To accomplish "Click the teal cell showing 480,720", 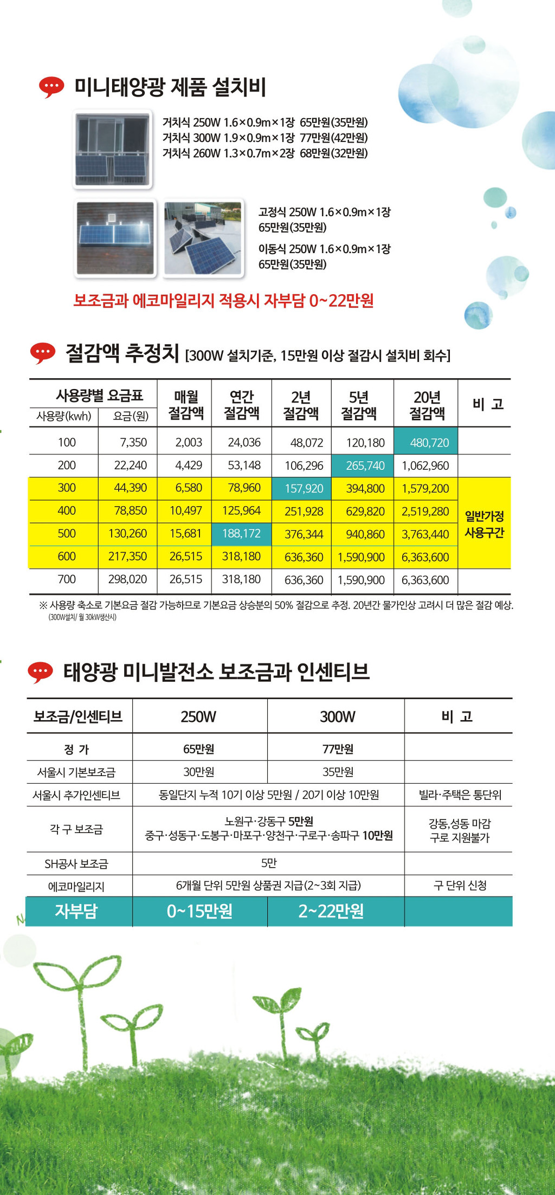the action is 425,442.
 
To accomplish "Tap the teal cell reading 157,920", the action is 301,488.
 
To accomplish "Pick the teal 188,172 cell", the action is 241,534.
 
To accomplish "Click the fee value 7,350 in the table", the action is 133,442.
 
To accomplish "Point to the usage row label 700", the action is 67,579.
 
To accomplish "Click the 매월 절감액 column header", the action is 186,405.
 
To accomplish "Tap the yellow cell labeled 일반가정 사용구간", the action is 485,524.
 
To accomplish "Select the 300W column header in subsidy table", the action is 337,716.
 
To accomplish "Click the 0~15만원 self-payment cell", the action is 199,912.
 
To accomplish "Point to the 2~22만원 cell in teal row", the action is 331,912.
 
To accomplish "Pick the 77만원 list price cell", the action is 338,749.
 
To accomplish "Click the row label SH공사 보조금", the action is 76,864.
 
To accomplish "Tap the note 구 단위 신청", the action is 460,886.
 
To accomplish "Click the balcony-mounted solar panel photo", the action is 112,150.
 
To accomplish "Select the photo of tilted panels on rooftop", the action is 203,238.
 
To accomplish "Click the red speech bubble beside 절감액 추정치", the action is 42,353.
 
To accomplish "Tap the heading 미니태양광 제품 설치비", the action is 170,87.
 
